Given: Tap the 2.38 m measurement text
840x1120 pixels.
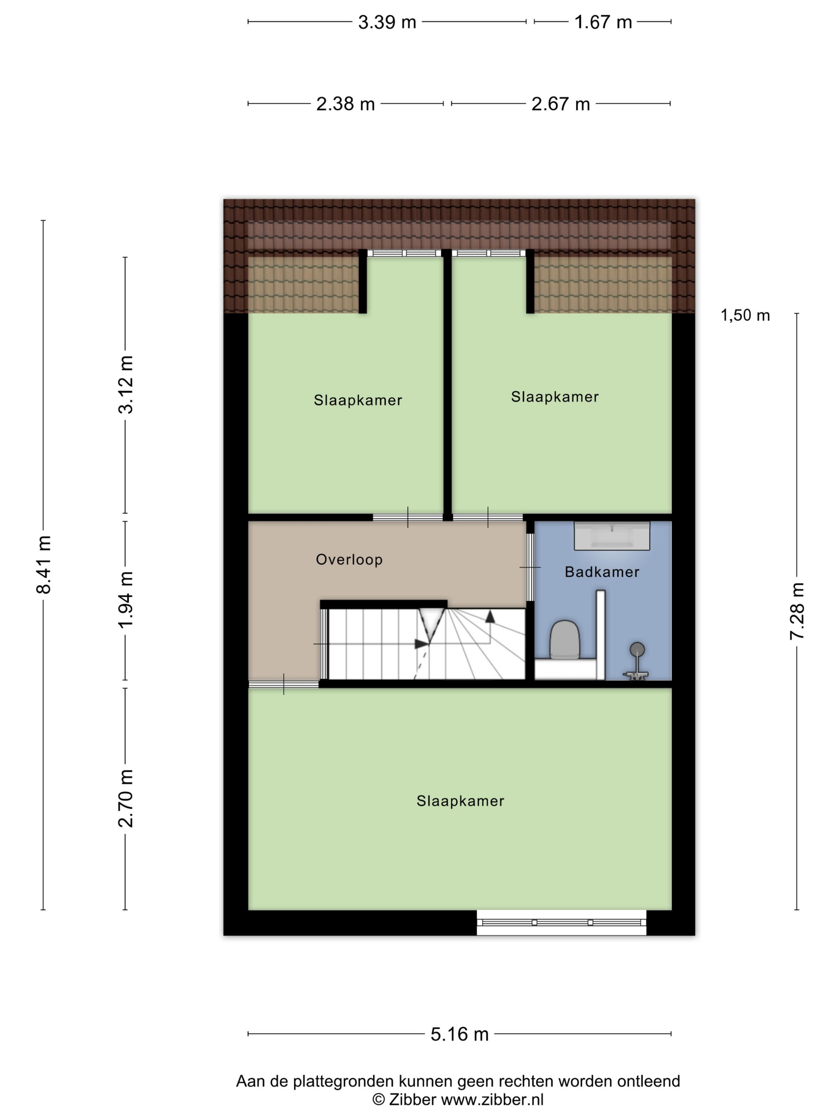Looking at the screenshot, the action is coord(345,104).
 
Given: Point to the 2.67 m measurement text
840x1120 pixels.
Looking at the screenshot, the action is coord(560,104).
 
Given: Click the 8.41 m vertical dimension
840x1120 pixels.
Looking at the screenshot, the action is coord(44,564).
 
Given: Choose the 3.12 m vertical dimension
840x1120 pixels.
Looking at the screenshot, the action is coord(126,385).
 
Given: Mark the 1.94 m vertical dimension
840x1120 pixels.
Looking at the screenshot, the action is coord(126,600).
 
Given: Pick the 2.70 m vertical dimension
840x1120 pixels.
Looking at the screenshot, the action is coord(126,798).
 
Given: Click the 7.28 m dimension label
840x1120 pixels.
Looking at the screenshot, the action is coord(796,611).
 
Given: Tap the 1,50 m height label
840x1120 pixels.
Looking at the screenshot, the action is coord(745,316).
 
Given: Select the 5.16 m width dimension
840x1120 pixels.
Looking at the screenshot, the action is coord(459,1034).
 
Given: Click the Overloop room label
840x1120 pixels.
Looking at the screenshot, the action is coord(349,560).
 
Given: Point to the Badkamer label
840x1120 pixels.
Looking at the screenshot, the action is coord(602,572).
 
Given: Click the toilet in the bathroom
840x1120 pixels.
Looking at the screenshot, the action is coord(564,640).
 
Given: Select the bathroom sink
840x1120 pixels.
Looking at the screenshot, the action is coord(612,536).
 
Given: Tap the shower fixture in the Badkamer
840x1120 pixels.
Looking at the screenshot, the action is coord(636,661).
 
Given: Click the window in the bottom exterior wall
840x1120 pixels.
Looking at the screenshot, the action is coord(562,922).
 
